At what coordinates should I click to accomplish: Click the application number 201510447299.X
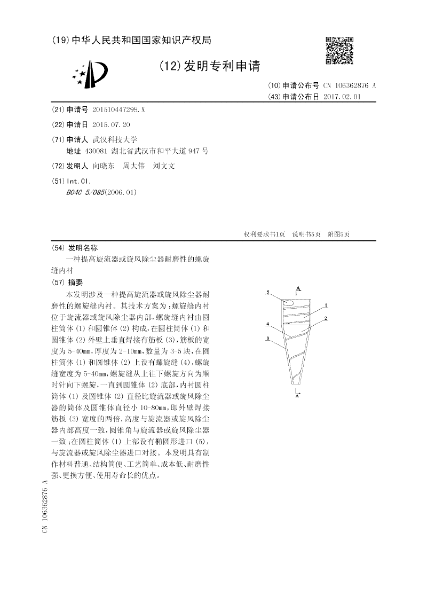[x=118, y=109]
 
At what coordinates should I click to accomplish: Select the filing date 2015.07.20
[x=111, y=124]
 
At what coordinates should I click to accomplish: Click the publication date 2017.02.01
[x=342, y=97]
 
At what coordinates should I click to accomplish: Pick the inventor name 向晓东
[x=103, y=166]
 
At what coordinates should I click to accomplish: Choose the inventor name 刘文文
[x=164, y=166]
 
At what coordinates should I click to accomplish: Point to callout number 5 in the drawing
[x=267, y=292]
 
